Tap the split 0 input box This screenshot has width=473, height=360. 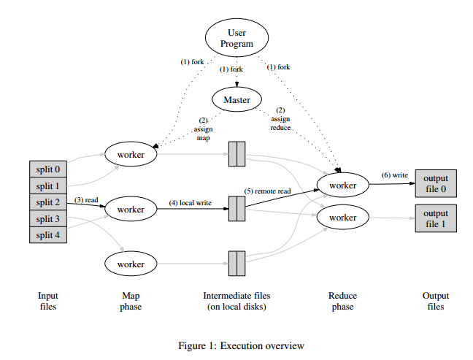coord(48,170)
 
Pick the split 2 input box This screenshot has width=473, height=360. coord(48,202)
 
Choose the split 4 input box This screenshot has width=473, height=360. coord(48,234)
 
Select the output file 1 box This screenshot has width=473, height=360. coord(436,218)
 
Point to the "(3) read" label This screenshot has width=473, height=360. coord(86,199)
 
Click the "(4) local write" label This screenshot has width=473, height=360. coord(191,202)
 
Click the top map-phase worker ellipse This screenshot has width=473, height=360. coord(131,154)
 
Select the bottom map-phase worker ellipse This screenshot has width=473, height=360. coord(131,263)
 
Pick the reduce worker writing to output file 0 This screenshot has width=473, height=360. coord(342,185)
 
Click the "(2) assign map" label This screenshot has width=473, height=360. coord(203,129)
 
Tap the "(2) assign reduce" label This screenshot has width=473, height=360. coord(280,118)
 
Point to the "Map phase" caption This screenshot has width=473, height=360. coord(131,302)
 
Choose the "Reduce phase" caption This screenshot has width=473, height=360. coord(342,302)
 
